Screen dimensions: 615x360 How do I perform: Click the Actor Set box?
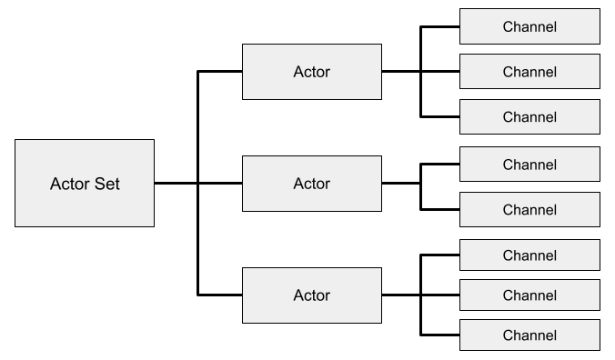click(x=85, y=183)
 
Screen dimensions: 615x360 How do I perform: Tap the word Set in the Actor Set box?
click(x=105, y=184)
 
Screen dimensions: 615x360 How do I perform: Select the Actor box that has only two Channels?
click(x=312, y=184)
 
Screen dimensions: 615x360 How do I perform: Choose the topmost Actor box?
click(x=312, y=72)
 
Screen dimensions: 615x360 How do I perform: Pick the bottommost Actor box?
click(x=312, y=295)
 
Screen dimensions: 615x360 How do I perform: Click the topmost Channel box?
click(x=529, y=26)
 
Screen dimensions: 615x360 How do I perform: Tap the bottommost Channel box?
click(x=529, y=335)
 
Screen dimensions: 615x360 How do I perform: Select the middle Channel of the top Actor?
click(x=529, y=72)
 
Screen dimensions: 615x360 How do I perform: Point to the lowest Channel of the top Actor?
click(x=529, y=116)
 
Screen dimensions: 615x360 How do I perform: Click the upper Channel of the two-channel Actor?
click(x=529, y=165)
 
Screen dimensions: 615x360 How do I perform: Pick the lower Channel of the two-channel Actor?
click(x=529, y=210)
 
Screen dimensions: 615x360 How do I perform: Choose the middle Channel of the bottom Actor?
click(x=529, y=295)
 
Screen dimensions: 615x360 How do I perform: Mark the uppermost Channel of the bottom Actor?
click(x=529, y=255)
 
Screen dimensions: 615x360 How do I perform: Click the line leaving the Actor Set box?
click(x=176, y=183)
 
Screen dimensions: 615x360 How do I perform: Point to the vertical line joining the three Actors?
click(x=197, y=183)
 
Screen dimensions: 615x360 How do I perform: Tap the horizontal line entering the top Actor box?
click(x=219, y=71)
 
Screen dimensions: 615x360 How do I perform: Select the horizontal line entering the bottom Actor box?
click(x=219, y=295)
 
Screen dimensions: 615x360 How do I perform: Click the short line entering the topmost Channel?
click(x=440, y=26)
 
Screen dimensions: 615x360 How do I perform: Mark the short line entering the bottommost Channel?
click(x=440, y=335)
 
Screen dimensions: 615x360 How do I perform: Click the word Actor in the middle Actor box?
click(x=312, y=184)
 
